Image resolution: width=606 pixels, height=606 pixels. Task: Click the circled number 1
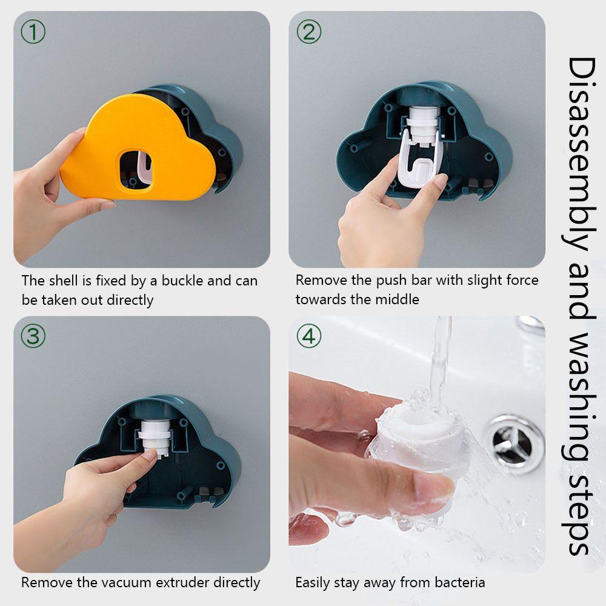(x=33, y=32)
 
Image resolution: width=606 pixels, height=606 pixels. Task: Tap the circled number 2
(x=309, y=32)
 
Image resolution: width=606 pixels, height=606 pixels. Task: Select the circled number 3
(x=33, y=336)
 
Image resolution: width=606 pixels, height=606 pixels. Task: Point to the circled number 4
(x=309, y=336)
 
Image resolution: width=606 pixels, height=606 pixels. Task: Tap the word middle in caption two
(x=396, y=299)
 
